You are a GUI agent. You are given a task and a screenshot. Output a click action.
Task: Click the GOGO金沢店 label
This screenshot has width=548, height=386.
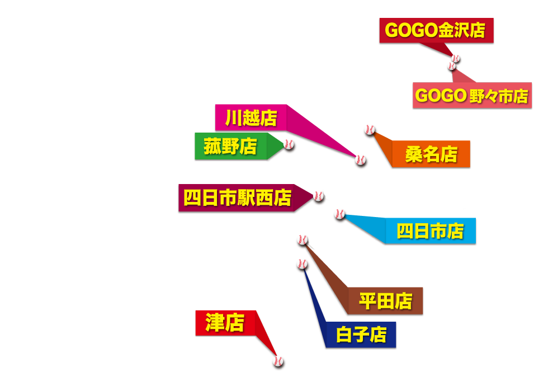(x=436, y=31)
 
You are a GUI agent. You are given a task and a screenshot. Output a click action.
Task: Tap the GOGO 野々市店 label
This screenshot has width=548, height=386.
(x=472, y=96)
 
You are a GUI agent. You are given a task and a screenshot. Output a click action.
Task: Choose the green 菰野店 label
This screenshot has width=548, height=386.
(x=230, y=147)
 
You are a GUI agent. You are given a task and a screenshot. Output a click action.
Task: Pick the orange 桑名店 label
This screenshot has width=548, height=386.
(x=431, y=154)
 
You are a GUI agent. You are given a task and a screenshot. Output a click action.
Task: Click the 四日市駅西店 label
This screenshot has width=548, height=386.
(x=237, y=197)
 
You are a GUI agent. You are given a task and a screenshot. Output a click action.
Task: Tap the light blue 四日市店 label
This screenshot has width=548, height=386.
(x=430, y=230)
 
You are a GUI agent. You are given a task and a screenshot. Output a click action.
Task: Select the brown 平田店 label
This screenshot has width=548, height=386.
(x=385, y=302)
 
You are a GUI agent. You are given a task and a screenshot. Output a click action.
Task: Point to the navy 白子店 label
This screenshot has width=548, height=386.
(x=361, y=335)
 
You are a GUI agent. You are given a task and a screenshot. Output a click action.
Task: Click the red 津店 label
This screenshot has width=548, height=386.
(x=225, y=323)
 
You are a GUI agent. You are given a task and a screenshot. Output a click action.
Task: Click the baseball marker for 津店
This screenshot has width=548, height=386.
(x=278, y=361)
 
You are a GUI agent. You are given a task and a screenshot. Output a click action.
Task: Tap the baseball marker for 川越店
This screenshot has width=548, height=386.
(x=361, y=159)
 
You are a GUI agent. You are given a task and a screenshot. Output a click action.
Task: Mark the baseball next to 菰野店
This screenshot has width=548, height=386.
(x=289, y=144)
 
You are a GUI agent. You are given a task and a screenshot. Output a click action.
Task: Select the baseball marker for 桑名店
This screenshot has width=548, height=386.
(x=369, y=130)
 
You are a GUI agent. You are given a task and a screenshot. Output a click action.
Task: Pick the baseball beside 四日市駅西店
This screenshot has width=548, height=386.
(x=318, y=196)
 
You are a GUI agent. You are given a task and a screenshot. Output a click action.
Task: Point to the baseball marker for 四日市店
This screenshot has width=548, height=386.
(x=339, y=214)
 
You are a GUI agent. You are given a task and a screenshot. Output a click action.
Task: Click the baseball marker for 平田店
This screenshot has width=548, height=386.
(x=302, y=240)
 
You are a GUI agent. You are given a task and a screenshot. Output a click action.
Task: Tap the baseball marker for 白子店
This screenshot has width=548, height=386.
(x=302, y=263)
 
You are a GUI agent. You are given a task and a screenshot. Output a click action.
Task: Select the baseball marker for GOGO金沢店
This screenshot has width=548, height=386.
(x=456, y=58)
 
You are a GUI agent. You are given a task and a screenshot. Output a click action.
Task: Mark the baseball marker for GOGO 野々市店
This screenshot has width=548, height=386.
(x=451, y=66)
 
